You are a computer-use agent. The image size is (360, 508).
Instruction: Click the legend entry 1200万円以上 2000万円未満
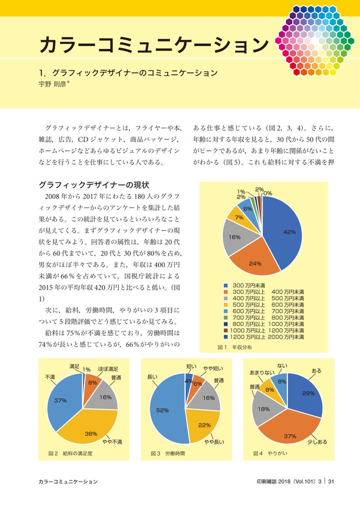pyautogui.click(x=264, y=338)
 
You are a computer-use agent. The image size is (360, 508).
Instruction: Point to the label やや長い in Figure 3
pyautogui.click(x=214, y=442)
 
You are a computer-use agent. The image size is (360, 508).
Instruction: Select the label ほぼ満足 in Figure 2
pyautogui.click(x=108, y=369)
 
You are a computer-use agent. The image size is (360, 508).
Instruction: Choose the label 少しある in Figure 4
pyautogui.click(x=317, y=442)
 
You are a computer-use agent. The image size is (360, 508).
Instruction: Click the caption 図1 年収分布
pyautogui.click(x=235, y=347)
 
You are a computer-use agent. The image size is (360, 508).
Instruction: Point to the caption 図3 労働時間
pyautogui.click(x=168, y=453)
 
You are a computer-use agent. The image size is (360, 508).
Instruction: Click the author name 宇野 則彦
pyautogui.click(x=52, y=84)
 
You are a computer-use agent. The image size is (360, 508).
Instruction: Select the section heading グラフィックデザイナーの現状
pyautogui.click(x=93, y=185)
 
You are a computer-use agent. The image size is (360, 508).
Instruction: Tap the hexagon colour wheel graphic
pyautogui.click(x=315, y=41)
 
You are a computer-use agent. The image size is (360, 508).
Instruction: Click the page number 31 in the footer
pyautogui.click(x=331, y=482)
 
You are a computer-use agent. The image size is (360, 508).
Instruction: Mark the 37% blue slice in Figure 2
pyautogui.click(x=63, y=402)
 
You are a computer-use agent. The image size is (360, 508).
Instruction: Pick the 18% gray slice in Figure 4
pyautogui.click(x=264, y=408)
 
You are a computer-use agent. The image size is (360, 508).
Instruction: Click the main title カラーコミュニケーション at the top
pyautogui.click(x=154, y=44)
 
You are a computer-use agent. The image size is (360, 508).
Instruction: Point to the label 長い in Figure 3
pyautogui.click(x=152, y=377)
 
